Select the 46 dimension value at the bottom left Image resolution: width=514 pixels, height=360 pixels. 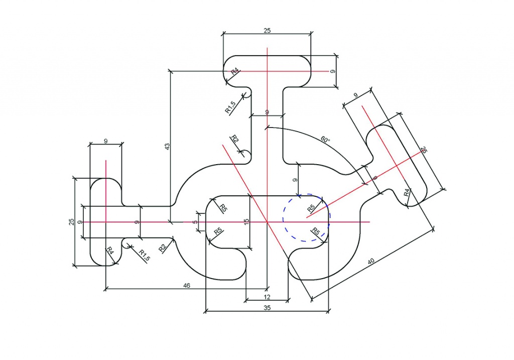coord(187,286)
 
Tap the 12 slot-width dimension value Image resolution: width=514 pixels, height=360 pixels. coord(267,297)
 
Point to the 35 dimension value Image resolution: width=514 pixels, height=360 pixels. coord(267,308)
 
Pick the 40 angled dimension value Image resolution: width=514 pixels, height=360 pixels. coord(371,261)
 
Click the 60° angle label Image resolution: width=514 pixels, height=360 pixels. coord(325,140)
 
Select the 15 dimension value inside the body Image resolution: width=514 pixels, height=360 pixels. coord(247,222)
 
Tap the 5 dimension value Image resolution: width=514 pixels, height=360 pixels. coord(196,222)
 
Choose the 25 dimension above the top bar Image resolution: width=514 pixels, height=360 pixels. coord(267,31)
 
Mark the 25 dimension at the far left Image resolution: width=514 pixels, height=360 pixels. coord(71,222)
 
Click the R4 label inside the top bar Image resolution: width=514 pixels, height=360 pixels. coord(235,72)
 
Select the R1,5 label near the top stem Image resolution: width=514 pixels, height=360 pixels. coord(230,107)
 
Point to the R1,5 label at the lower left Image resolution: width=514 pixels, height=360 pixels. coord(145,256)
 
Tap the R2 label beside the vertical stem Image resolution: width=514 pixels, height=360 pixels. coord(235,139)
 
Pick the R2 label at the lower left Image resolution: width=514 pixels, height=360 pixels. coord(163,249)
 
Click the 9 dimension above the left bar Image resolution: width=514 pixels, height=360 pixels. coord(105,141)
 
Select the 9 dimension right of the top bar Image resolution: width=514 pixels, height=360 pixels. coord(333,71)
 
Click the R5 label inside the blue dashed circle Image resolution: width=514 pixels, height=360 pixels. coord(311,208)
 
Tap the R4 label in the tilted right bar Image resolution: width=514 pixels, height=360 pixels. coord(407,192)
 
